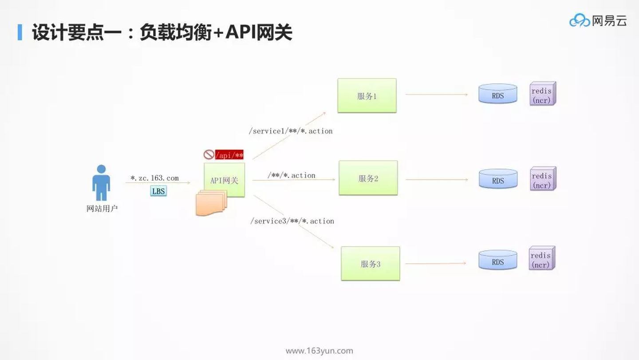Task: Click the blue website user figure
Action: point(101,182)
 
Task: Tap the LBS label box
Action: point(158,191)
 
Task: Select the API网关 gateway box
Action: point(224,180)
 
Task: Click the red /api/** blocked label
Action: point(229,155)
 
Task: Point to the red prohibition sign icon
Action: point(209,154)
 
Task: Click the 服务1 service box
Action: point(367,95)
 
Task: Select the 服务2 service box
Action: point(368,178)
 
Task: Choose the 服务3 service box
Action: point(370,264)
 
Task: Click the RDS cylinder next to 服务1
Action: point(498,94)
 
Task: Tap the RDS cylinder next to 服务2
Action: point(498,179)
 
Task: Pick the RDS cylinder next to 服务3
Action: point(498,260)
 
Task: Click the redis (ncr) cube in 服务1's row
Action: point(543,94)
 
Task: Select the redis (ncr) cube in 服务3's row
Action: point(542,258)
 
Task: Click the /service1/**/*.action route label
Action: point(291,131)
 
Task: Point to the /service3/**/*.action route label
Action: point(292,221)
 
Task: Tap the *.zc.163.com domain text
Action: point(154,178)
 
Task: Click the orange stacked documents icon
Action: point(211,203)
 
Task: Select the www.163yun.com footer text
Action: point(319,351)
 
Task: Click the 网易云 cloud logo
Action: point(598,20)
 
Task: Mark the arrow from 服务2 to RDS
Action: point(437,179)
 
